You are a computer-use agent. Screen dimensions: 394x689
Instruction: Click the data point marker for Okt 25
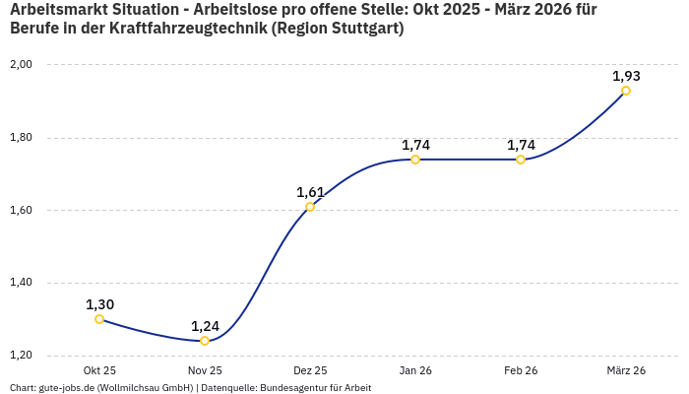(99, 319)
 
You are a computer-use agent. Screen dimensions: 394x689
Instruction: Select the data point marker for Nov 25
(205, 341)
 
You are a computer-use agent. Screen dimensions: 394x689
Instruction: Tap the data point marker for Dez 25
(310, 207)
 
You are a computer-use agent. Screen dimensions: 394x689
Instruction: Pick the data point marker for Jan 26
(415, 160)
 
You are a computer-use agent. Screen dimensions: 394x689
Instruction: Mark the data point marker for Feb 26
(521, 160)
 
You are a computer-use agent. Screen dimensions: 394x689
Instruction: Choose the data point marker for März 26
(626, 91)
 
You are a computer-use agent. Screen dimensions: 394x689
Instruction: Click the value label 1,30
(99, 304)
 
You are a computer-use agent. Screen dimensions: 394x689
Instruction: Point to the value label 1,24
(205, 326)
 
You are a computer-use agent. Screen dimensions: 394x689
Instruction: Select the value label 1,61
(310, 192)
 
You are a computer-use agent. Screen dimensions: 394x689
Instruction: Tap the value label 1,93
(626, 76)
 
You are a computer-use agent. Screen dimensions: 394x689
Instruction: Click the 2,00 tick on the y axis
(21, 65)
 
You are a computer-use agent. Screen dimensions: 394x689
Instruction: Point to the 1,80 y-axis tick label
(21, 138)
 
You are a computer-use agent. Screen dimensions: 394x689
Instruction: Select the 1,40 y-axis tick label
(21, 283)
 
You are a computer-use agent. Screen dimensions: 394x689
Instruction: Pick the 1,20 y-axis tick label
(21, 356)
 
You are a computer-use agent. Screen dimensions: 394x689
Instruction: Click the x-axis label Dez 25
(310, 370)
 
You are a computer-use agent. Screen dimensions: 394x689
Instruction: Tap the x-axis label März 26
(626, 370)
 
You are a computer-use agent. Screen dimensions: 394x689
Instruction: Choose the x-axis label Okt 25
(99, 370)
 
